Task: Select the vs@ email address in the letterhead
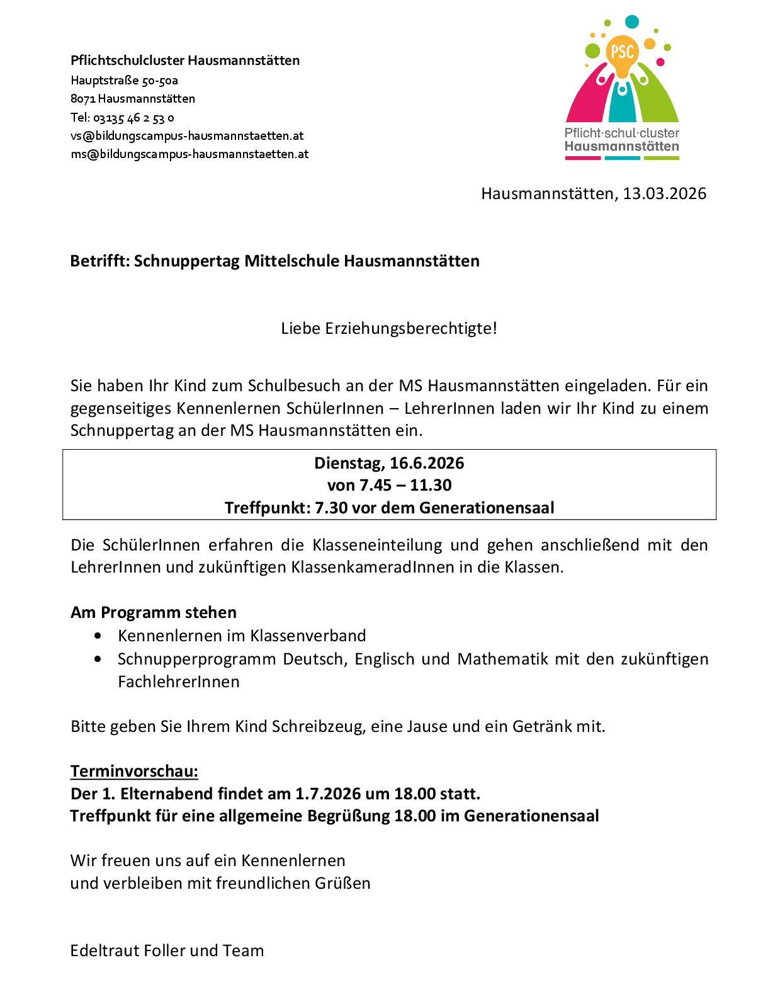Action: (187, 135)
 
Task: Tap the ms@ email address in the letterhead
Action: (189, 154)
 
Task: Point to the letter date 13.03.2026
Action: (664, 193)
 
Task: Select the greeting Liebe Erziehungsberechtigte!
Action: (389, 328)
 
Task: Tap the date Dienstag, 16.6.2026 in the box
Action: (389, 463)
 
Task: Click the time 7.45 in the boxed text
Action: (375, 485)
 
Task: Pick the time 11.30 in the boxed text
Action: (431, 485)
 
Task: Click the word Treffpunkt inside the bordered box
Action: (267, 508)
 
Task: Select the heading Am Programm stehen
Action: (154, 612)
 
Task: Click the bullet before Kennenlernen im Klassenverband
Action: (97, 636)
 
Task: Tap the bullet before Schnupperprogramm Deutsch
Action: (97, 659)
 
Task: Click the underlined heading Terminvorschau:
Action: (134, 771)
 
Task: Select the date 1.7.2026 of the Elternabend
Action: (325, 793)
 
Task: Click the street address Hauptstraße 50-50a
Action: (125, 80)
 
